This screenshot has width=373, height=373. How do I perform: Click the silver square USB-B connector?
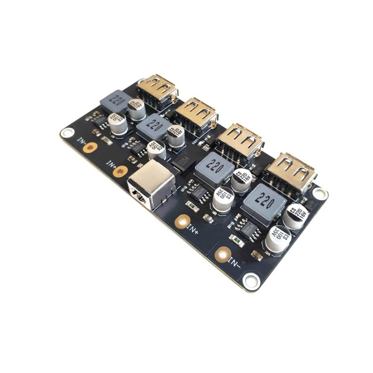[151, 186]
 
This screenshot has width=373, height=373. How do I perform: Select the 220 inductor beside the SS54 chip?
[214, 169]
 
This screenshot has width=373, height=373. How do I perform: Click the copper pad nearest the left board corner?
[90, 147]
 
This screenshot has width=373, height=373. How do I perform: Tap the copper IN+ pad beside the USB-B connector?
[120, 172]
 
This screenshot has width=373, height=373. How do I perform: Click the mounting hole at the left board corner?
[67, 133]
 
